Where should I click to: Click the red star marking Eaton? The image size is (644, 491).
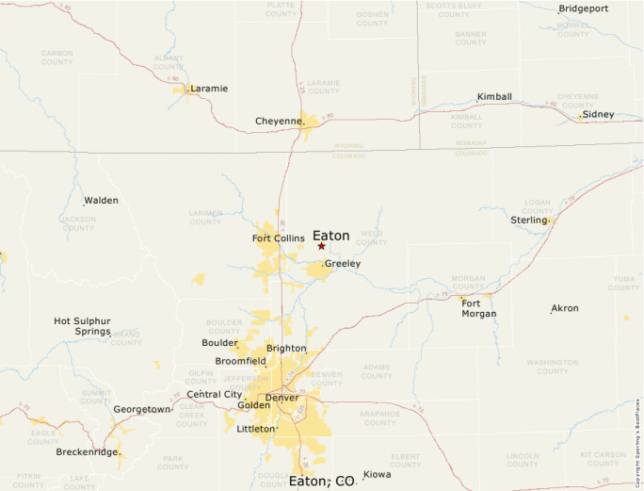[321, 246]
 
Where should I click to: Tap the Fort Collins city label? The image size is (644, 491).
[278, 238]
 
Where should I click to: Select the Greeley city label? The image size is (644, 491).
[343, 264]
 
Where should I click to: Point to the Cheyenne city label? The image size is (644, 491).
[279, 121]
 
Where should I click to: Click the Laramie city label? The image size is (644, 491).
[209, 89]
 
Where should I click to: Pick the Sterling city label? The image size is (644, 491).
[528, 220]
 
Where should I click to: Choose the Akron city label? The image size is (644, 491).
[565, 308]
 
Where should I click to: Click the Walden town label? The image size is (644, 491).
[101, 201]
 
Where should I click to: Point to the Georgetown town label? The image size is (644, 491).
[141, 409]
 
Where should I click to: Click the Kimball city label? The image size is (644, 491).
[494, 97]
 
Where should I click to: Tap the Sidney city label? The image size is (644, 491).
[598, 114]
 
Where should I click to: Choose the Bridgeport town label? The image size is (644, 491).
[584, 8]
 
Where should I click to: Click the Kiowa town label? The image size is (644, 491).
[377, 474]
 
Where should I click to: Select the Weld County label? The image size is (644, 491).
[371, 237]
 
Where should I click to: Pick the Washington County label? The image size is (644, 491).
[553, 366]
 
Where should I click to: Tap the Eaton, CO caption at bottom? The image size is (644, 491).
[322, 481]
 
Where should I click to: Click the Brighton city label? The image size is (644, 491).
[286, 348]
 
